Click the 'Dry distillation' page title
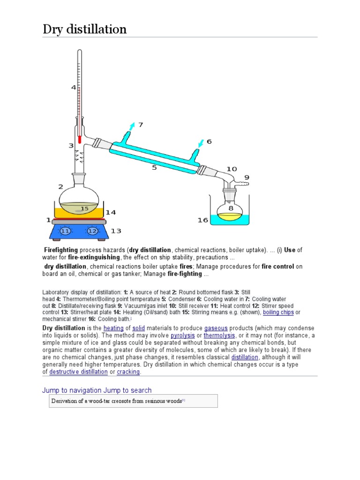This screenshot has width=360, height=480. (84, 30)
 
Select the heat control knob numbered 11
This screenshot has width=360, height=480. (65, 231)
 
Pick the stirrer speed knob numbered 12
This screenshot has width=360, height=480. (92, 231)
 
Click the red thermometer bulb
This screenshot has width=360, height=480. (80, 139)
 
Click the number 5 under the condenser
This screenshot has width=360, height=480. (154, 167)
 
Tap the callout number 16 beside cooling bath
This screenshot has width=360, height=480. (202, 220)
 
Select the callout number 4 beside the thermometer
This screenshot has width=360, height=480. (73, 87)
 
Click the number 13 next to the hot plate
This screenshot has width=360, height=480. (116, 231)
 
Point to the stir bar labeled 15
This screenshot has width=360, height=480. (84, 209)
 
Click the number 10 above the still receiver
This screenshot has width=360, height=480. (232, 169)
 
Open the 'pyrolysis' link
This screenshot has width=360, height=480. (182, 336)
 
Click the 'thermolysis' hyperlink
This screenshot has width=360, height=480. (219, 336)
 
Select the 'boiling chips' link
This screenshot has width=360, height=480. (278, 312)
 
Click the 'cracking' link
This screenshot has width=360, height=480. (128, 372)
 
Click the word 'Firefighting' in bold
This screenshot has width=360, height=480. (61, 250)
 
